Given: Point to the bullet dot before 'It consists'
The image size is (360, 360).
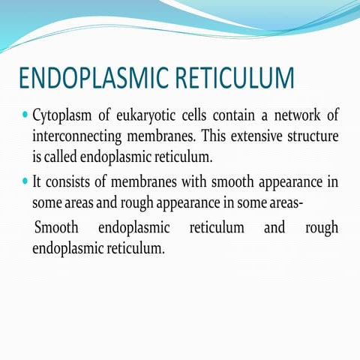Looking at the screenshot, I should (25, 181).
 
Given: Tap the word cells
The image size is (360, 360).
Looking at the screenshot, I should (196, 117).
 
